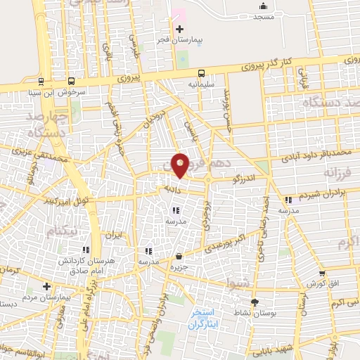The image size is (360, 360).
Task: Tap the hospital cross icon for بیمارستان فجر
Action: point(180,29)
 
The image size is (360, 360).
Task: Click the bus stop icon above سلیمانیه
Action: point(202,72)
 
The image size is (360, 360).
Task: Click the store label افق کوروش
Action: point(320,283)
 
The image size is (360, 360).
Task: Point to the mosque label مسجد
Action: point(262,15)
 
